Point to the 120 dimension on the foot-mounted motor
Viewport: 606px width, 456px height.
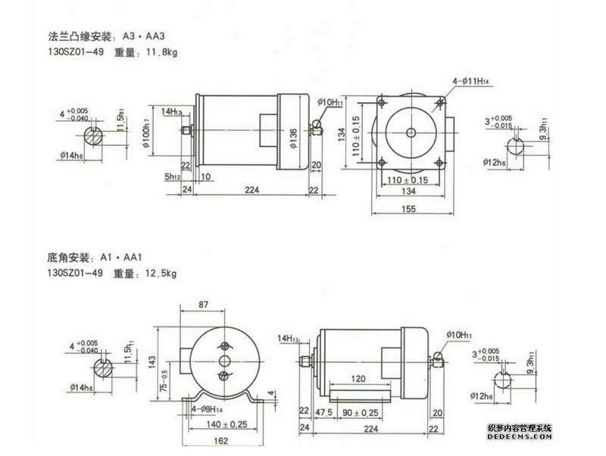coord(361,378)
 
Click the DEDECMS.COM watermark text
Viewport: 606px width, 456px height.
coord(520,437)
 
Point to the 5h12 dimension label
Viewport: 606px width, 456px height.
coord(172,177)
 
